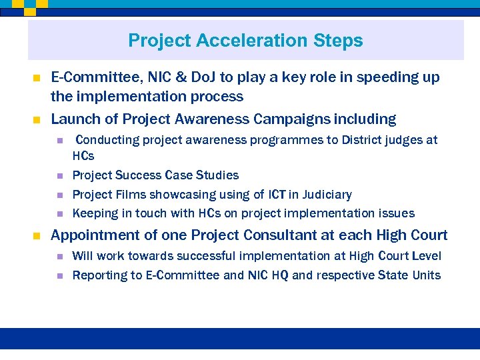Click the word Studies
click(x=217, y=175)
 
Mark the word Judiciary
click(x=327, y=195)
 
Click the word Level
click(x=427, y=256)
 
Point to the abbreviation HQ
click(x=279, y=275)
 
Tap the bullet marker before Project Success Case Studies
click(x=59, y=176)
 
